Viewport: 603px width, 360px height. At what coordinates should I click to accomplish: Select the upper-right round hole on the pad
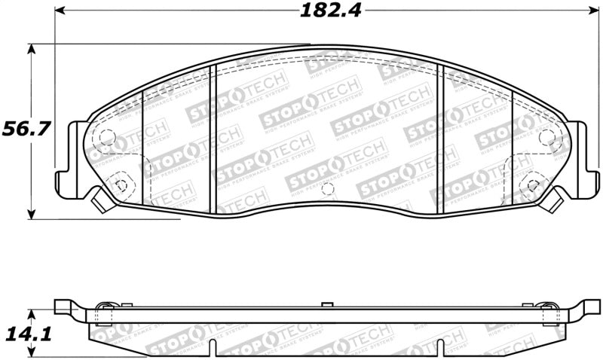(547, 137)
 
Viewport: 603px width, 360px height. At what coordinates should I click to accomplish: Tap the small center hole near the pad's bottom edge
(326, 189)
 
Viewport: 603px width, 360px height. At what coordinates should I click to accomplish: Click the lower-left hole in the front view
(119, 183)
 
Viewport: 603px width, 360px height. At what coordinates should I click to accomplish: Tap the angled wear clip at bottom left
(97, 200)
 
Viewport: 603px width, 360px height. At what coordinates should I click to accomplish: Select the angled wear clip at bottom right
(557, 200)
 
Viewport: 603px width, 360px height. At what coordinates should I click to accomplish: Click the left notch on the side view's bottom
(216, 348)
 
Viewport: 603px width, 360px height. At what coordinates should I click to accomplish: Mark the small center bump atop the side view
(326, 304)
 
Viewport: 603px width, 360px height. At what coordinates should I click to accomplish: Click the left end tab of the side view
(68, 306)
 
